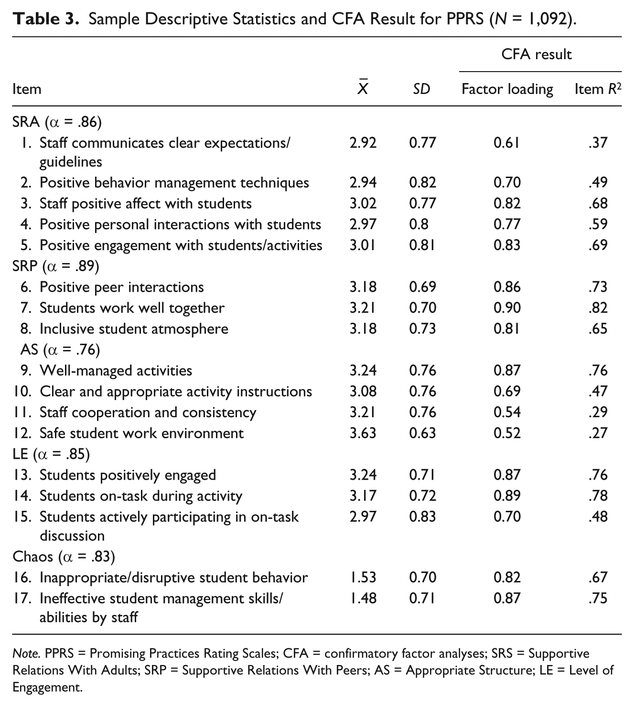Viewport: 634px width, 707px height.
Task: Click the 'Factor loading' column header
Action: pyautogui.click(x=507, y=89)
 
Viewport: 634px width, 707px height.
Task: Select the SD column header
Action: pyautogui.click(x=421, y=89)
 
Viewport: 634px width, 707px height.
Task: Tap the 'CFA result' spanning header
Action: pyautogui.click(x=536, y=54)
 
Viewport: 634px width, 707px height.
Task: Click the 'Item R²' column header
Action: pyautogui.click(x=598, y=89)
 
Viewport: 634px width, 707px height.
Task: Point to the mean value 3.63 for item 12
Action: pyautogui.click(x=363, y=433)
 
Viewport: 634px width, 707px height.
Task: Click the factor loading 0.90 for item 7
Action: pyautogui.click(x=507, y=308)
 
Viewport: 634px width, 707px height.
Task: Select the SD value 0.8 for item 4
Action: pyautogui.click(x=419, y=224)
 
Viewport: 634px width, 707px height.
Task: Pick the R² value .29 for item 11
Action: pyautogui.click(x=598, y=412)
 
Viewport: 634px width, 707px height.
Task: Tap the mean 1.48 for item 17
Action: pyautogui.click(x=363, y=599)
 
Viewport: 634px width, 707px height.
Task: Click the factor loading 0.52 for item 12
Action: pyautogui.click(x=507, y=433)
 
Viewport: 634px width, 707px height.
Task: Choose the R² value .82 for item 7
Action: pyautogui.click(x=598, y=308)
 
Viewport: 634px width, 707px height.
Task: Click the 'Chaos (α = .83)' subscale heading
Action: pyautogui.click(x=64, y=557)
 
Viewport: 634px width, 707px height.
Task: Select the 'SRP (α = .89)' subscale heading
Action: pyautogui.click(x=56, y=266)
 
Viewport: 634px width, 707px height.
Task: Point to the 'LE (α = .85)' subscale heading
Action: pyautogui.click(x=51, y=454)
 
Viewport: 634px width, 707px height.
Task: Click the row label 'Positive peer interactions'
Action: pyautogui.click(x=121, y=287)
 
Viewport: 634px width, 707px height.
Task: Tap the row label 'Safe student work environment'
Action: pyautogui.click(x=141, y=433)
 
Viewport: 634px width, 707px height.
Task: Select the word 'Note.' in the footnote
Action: pyautogui.click(x=26, y=653)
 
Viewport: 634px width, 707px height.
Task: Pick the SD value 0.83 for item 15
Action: pyautogui.click(x=423, y=517)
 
